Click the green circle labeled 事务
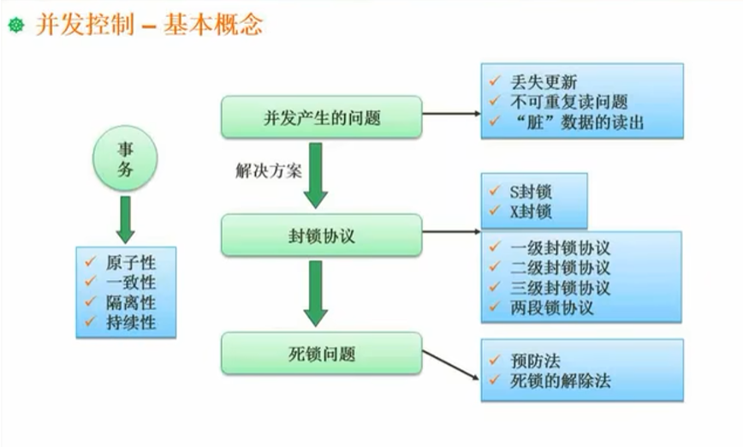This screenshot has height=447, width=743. [126, 159]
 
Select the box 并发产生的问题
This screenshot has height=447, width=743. [322, 117]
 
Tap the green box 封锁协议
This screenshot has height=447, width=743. [322, 235]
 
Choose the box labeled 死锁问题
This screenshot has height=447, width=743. [322, 353]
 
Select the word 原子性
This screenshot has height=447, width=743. [131, 262]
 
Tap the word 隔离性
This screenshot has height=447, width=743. [131, 303]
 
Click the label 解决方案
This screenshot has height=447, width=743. [268, 170]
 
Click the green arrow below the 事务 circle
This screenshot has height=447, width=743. [126, 219]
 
